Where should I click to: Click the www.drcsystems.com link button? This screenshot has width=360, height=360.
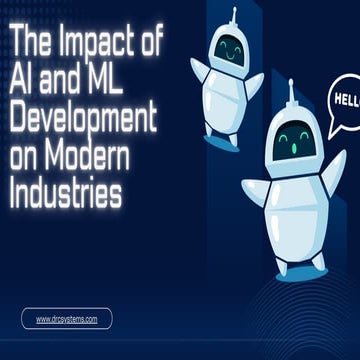(x=66, y=319)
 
